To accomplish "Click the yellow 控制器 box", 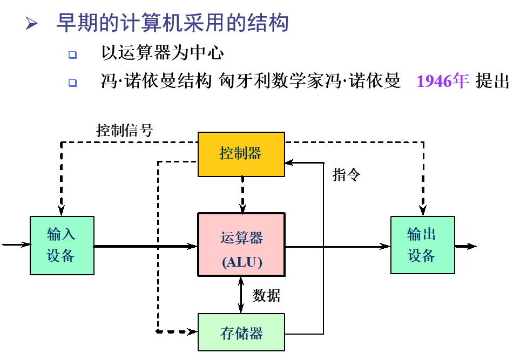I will [241, 154].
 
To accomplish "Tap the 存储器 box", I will [241, 332].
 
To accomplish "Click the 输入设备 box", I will [62, 246].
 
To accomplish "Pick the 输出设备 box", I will [422, 246].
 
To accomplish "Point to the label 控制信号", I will [125, 130].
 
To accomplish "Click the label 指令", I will [346, 175].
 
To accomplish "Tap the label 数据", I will [266, 295].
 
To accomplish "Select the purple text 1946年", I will [443, 81].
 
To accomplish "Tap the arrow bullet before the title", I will [32, 24].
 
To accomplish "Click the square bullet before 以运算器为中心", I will [73, 55].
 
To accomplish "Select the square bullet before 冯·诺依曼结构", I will [73, 83].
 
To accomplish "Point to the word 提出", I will [492, 81].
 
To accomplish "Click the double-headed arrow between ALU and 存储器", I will [241, 295].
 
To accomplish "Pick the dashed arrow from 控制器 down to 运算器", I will [242, 194].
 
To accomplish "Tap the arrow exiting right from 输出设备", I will [465, 246].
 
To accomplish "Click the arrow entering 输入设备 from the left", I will [16, 245].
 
